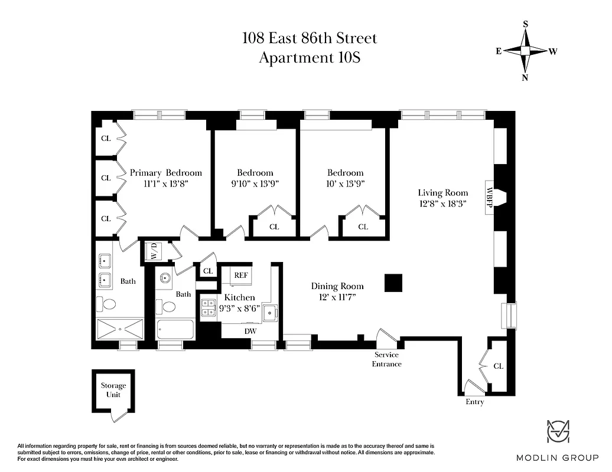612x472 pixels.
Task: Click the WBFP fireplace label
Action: [490, 198]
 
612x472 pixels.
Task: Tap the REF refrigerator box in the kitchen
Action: [240, 276]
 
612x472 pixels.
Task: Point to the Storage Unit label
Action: [112, 389]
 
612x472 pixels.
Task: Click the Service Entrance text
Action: [386, 359]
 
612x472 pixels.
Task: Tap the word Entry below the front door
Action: [474, 402]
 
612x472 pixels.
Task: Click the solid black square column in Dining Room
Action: [393, 283]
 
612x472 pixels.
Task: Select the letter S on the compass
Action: [525, 24]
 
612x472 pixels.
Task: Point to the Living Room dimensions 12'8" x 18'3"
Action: [442, 204]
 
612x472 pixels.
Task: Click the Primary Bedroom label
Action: [165, 173]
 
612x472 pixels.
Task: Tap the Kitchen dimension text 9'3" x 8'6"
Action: [239, 308]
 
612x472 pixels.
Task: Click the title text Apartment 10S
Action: [310, 58]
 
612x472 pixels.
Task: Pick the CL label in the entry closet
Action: [498, 366]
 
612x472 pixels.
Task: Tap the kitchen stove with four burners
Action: [208, 308]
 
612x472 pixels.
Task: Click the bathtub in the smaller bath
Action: [175, 329]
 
